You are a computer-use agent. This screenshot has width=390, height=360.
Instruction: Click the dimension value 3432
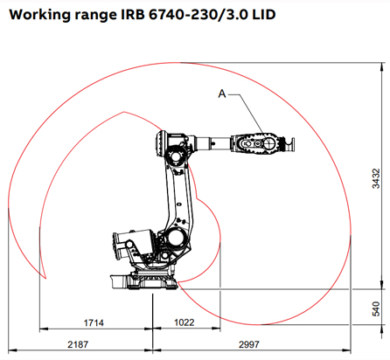[x=376, y=179]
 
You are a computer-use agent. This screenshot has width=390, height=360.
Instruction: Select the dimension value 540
[x=376, y=309]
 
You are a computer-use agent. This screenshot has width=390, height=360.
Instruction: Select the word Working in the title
[x=36, y=17]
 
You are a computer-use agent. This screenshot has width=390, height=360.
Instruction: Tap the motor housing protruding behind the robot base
[x=115, y=247]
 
